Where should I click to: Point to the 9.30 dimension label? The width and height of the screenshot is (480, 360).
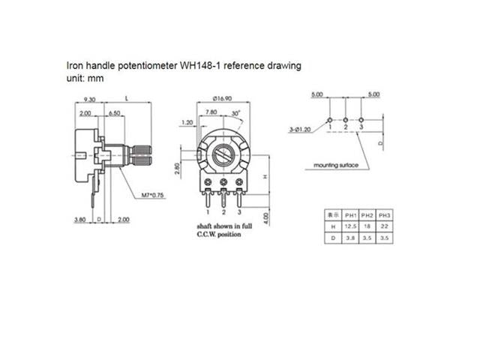pos(89,99)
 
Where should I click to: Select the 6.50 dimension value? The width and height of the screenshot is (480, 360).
pos(115,112)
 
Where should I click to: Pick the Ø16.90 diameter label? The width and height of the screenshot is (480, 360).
pos(223,99)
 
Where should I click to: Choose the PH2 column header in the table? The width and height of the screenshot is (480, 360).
pos(367,213)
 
